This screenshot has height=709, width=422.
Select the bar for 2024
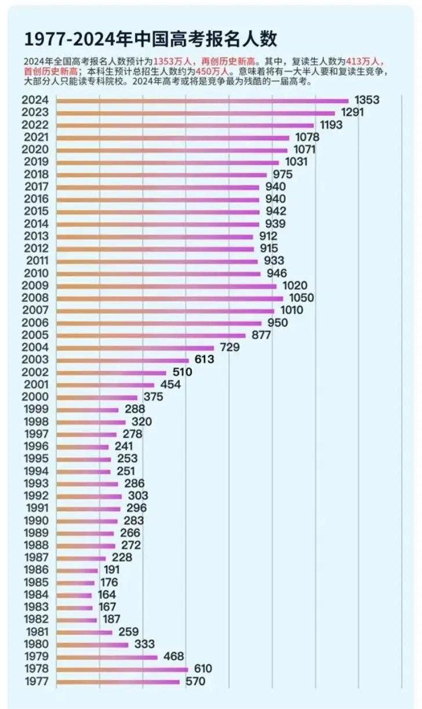click(202, 101)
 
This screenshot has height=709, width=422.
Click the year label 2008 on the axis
click(35, 298)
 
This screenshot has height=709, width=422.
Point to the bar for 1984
click(74, 595)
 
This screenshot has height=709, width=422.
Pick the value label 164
click(107, 595)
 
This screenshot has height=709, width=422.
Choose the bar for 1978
click(122, 670)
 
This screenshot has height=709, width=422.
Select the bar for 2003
click(122, 360)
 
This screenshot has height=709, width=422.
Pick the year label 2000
click(35, 397)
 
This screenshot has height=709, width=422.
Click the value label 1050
click(301, 298)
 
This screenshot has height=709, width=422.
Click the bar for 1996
click(82, 447)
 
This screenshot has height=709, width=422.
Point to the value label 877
click(261, 335)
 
